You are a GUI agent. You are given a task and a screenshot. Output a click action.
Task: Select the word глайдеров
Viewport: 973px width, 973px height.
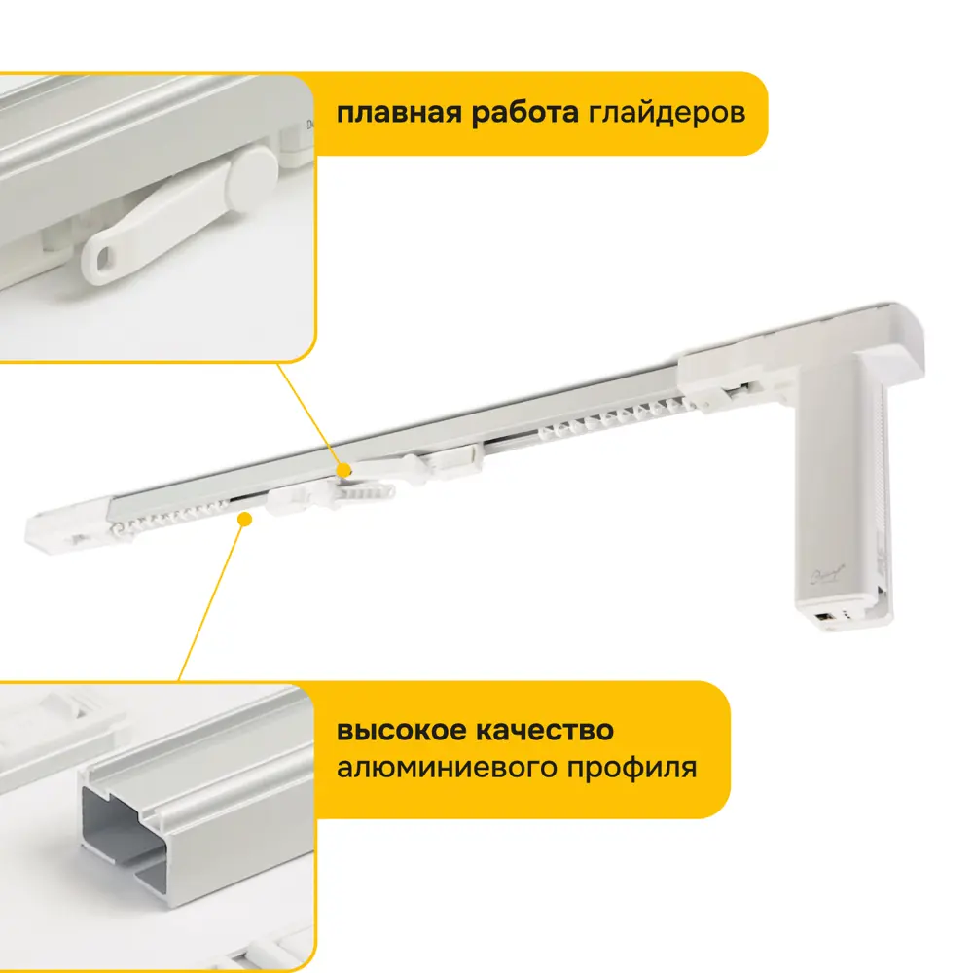(667, 114)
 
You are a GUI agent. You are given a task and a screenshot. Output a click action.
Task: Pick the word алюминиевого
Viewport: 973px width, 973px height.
(446, 768)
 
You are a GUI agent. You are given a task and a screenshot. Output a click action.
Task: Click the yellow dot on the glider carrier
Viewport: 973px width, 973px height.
(343, 471)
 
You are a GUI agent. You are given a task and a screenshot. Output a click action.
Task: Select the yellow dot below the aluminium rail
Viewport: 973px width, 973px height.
(245, 519)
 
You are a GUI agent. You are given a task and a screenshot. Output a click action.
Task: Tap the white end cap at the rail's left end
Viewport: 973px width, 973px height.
(69, 530)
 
